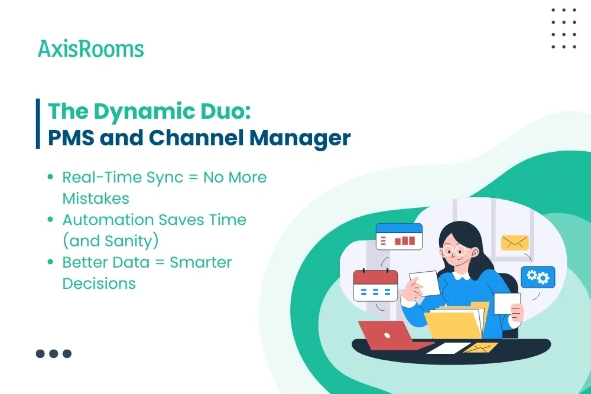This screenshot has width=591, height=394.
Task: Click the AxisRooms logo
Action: [x=90, y=48]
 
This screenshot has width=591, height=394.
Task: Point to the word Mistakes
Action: [x=96, y=198]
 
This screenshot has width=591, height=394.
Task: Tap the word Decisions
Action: [x=99, y=284]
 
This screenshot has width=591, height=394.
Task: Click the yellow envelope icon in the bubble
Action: [x=515, y=242]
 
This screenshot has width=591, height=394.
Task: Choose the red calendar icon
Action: [x=375, y=285]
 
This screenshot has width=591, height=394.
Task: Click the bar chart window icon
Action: [x=399, y=236]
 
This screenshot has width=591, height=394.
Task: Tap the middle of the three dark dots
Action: [x=54, y=354]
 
